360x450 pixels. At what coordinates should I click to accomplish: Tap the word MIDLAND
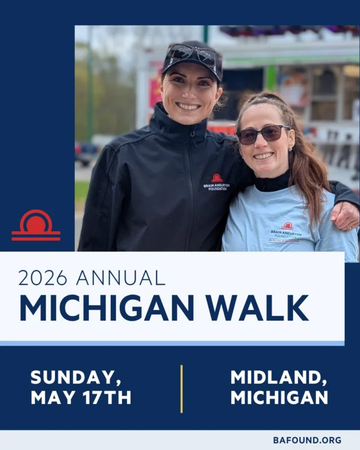click(278, 377)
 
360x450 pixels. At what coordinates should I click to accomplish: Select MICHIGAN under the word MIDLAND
click(279, 398)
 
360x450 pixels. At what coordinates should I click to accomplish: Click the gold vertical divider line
click(181, 388)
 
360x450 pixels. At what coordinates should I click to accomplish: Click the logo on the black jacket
click(217, 182)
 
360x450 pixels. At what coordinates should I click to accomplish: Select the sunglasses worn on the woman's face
click(263, 134)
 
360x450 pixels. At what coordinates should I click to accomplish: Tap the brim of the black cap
click(191, 69)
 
